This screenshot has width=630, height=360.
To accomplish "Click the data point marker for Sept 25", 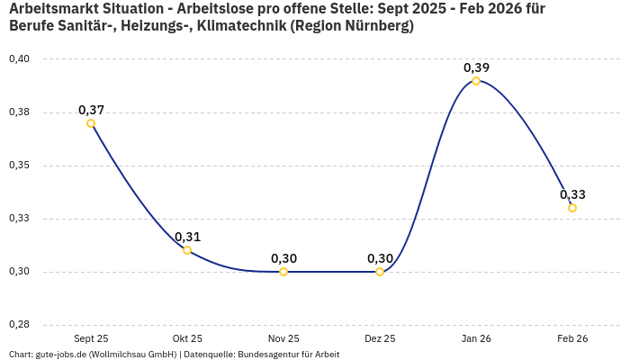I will [x=91, y=123].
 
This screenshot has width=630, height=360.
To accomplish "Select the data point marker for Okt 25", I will [x=187, y=250].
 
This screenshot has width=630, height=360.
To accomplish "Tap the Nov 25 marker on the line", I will [x=283, y=272].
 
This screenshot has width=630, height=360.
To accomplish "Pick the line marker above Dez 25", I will [x=380, y=272].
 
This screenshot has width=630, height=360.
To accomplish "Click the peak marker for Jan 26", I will [x=476, y=81].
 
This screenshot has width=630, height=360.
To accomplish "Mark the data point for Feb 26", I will [x=572, y=208].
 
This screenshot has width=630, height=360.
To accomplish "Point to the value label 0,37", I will [x=91, y=110].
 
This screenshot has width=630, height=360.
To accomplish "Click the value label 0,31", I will [x=187, y=237].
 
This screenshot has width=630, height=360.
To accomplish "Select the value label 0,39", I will [x=476, y=67].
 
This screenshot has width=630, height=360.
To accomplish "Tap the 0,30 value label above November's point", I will [x=283, y=258].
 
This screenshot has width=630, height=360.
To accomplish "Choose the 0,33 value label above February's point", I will [x=572, y=194].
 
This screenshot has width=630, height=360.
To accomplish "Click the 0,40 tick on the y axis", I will [x=19, y=59].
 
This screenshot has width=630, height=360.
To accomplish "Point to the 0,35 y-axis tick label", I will [x=19, y=166].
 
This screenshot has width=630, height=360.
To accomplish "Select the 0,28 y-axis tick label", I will [x=19, y=325].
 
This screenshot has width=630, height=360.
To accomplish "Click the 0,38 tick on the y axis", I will [x=19, y=112].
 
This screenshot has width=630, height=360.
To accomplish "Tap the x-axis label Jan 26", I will [x=476, y=338].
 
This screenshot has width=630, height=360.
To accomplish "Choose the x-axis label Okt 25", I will [x=187, y=338].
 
